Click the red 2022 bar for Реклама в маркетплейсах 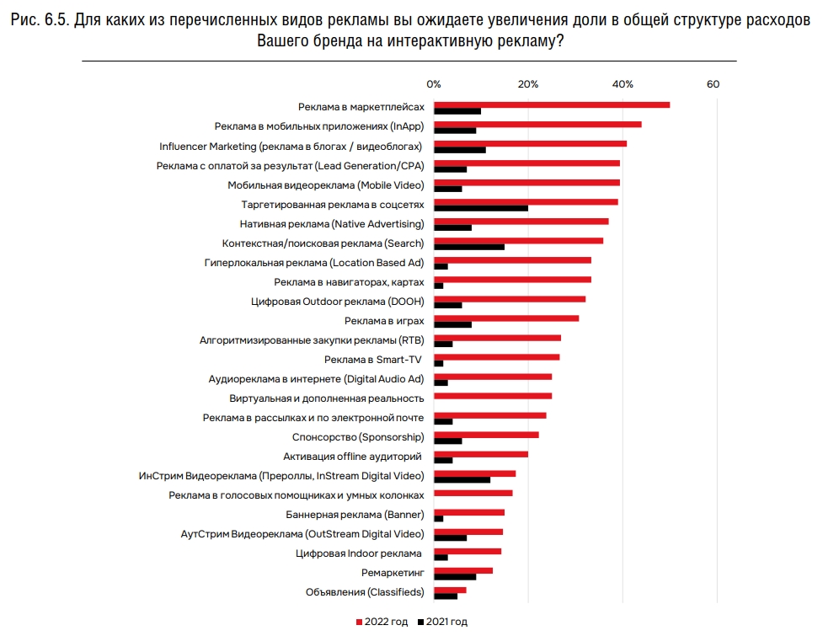tap(552, 104)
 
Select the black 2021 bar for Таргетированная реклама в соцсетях tap(481, 208)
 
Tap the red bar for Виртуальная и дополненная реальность tap(493, 396)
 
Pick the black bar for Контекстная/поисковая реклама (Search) tap(469, 247)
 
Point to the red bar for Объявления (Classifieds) tap(450, 590)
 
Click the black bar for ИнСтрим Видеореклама tap(462, 480)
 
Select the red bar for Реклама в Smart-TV tap(496, 357)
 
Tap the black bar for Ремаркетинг tap(455, 577)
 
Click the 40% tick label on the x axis tap(623, 84)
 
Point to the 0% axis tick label tap(434, 84)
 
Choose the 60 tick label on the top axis tap(713, 84)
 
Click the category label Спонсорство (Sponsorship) tap(357, 437)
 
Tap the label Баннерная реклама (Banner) tap(361, 515)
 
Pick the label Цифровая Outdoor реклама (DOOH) tap(337, 301)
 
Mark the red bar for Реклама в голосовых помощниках tap(473, 493)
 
